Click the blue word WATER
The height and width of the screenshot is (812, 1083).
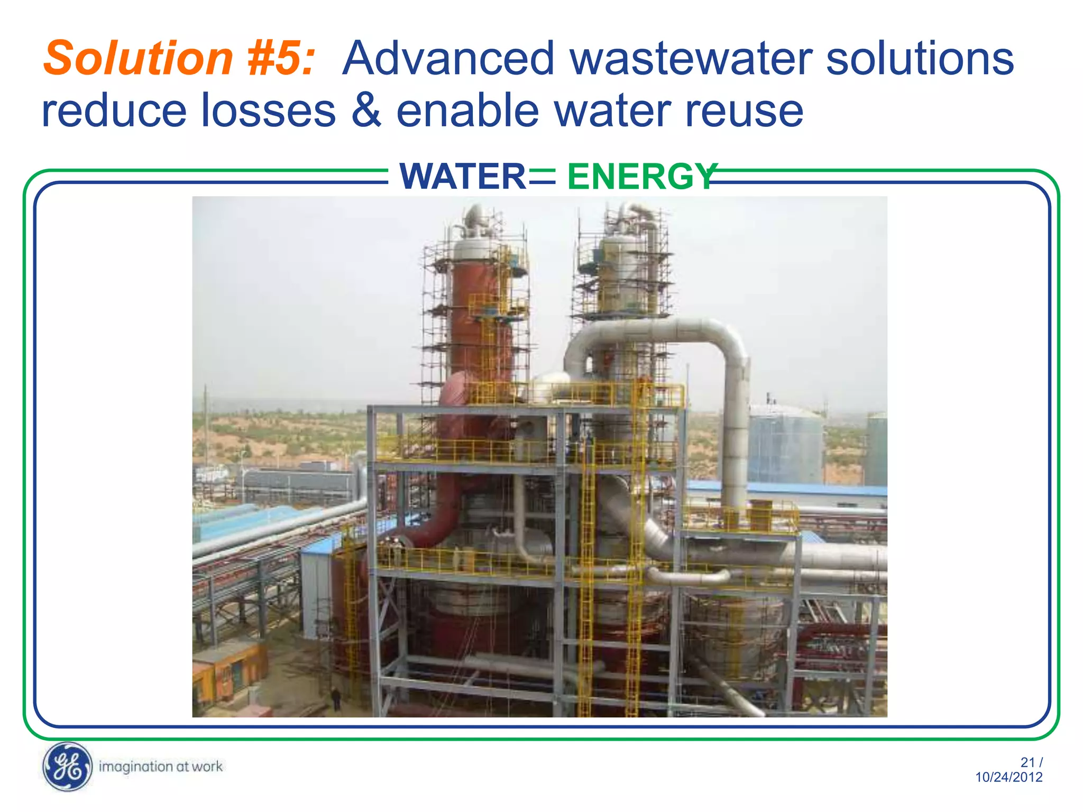point(462,177)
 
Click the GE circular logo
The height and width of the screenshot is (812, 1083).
point(67,767)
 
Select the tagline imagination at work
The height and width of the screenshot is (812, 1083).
point(161,767)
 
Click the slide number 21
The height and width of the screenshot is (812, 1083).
point(1027,762)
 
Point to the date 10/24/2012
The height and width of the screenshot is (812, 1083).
point(1008,777)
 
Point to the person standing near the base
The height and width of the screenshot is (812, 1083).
point(335,698)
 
